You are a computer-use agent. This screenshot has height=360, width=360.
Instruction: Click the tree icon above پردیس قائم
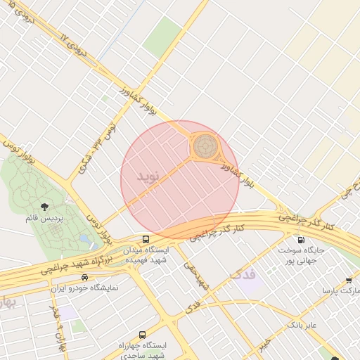click(45, 207)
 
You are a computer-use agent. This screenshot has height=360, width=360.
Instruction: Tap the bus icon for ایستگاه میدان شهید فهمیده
click(146, 239)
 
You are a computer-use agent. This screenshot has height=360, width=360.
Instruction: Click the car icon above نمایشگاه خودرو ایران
click(85, 277)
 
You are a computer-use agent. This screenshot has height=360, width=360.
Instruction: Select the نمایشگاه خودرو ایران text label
click(84, 288)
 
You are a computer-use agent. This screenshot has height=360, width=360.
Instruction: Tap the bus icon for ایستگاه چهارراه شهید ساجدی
click(143, 335)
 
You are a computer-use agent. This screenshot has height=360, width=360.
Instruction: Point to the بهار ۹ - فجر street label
click(56, 323)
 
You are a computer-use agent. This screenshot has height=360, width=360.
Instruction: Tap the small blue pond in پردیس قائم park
click(85, 240)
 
